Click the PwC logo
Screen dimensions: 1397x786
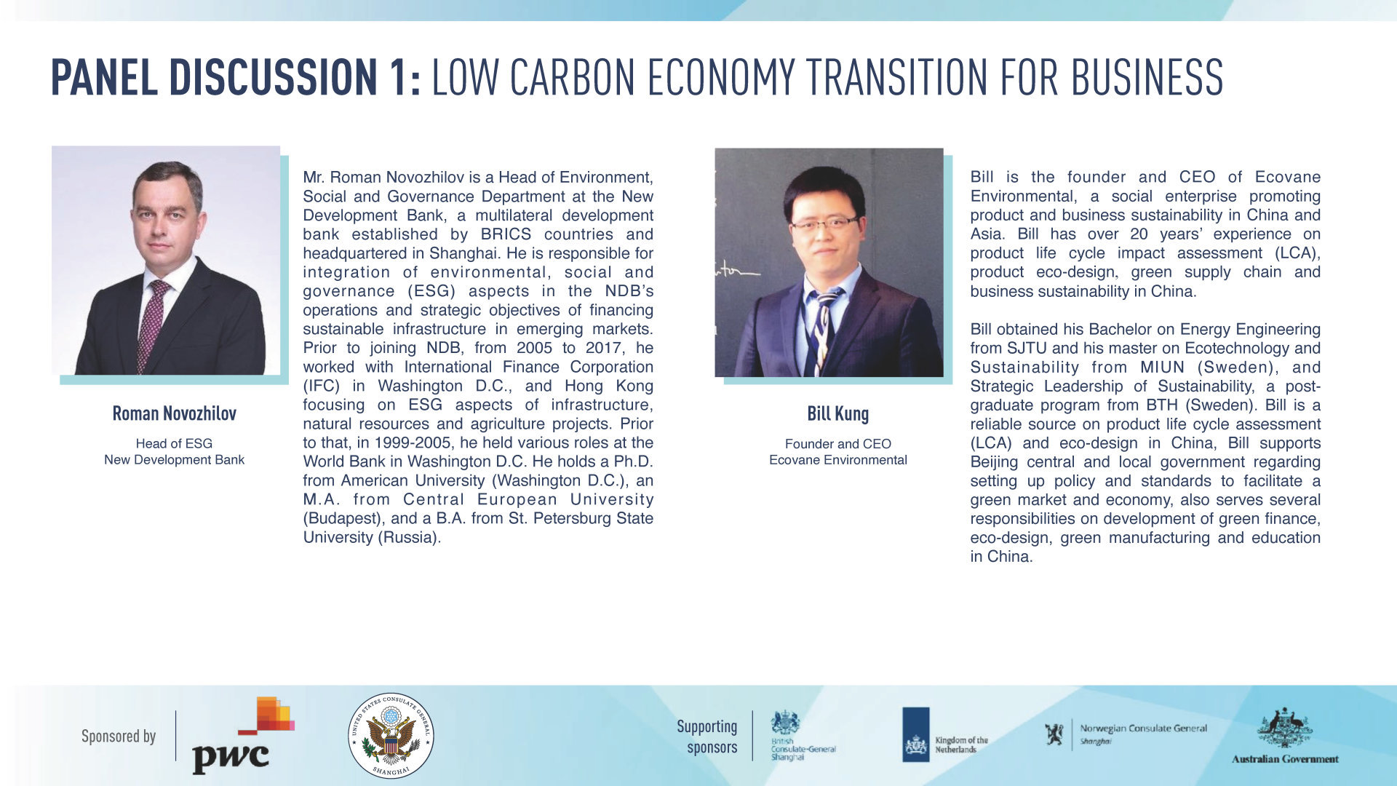[243, 735]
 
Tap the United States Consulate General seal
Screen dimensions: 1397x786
[391, 735]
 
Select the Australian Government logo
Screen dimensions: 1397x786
[1285, 735]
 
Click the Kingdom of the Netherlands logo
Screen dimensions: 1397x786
[945, 734]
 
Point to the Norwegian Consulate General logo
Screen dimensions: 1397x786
[1126, 734]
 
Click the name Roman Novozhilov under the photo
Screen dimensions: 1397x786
[174, 413]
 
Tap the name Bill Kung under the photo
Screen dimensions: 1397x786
[837, 413]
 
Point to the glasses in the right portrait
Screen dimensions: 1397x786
[824, 223]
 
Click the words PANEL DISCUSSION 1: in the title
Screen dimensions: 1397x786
[236, 77]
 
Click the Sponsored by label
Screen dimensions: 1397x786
[119, 737]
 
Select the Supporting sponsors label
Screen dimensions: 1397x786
[707, 737]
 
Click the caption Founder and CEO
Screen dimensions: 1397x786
[837, 444]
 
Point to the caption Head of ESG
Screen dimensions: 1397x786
[174, 443]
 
